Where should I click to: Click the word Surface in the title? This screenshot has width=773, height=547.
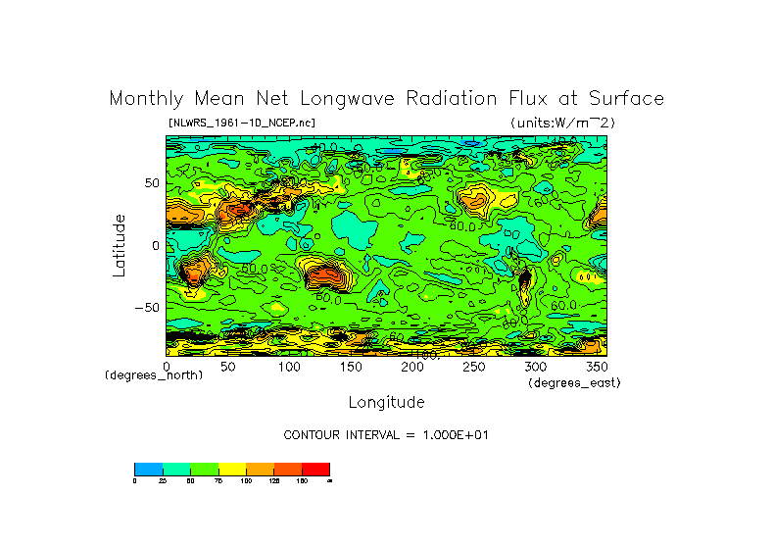628,99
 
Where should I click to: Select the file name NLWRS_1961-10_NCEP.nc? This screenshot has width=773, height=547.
241,123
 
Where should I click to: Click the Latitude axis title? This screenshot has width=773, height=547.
120,245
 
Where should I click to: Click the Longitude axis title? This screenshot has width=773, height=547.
386,402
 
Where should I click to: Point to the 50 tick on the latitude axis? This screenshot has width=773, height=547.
151,183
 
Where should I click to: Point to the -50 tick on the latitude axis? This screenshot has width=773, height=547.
147,307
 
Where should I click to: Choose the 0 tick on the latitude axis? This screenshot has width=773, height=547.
155,245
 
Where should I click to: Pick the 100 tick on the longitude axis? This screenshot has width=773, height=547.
289,366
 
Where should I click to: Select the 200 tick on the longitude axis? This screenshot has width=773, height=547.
411,366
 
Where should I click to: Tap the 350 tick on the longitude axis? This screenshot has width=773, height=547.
596,366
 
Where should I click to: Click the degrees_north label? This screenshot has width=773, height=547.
154,375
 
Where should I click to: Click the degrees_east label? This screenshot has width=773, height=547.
574,382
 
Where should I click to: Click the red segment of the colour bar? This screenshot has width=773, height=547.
315,469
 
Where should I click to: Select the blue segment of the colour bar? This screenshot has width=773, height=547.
148,469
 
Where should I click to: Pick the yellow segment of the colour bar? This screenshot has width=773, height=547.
231,469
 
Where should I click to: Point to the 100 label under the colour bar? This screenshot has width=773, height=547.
245,480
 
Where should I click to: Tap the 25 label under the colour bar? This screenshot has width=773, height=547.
162,480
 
